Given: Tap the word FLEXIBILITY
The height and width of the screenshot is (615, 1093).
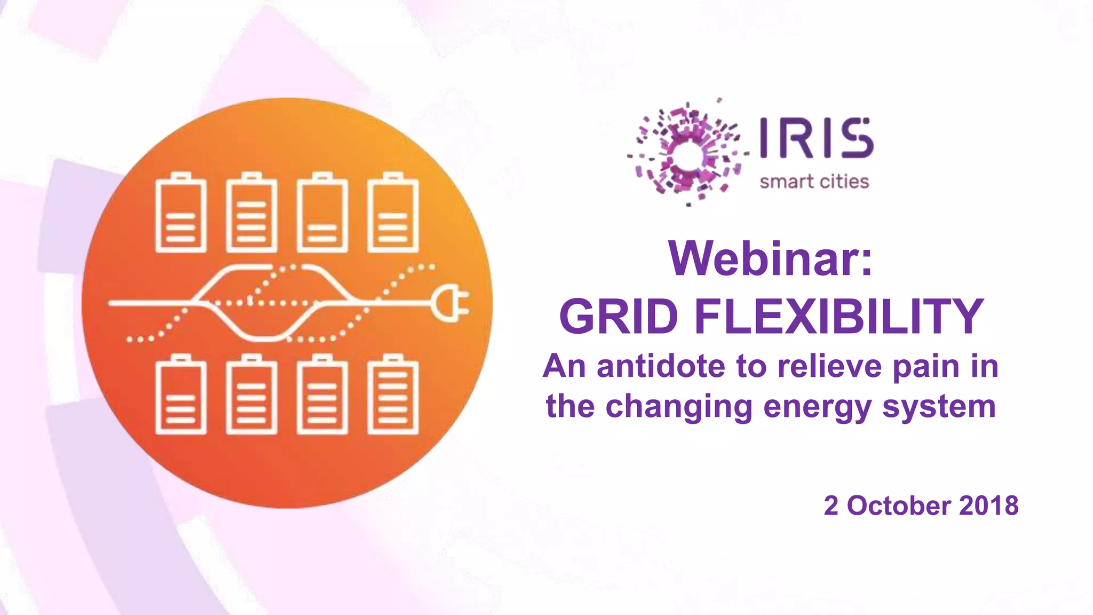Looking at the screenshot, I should tap(838, 317).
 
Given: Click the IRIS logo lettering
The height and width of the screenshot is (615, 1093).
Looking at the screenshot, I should tap(816, 138).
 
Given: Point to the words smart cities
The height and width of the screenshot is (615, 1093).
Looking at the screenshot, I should tap(814, 182).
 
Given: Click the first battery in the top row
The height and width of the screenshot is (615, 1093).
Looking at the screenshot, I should tap(181, 214).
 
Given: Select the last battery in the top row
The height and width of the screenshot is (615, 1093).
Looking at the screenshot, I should tap(393, 214).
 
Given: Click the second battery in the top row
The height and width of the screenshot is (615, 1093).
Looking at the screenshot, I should tap(252, 214).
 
